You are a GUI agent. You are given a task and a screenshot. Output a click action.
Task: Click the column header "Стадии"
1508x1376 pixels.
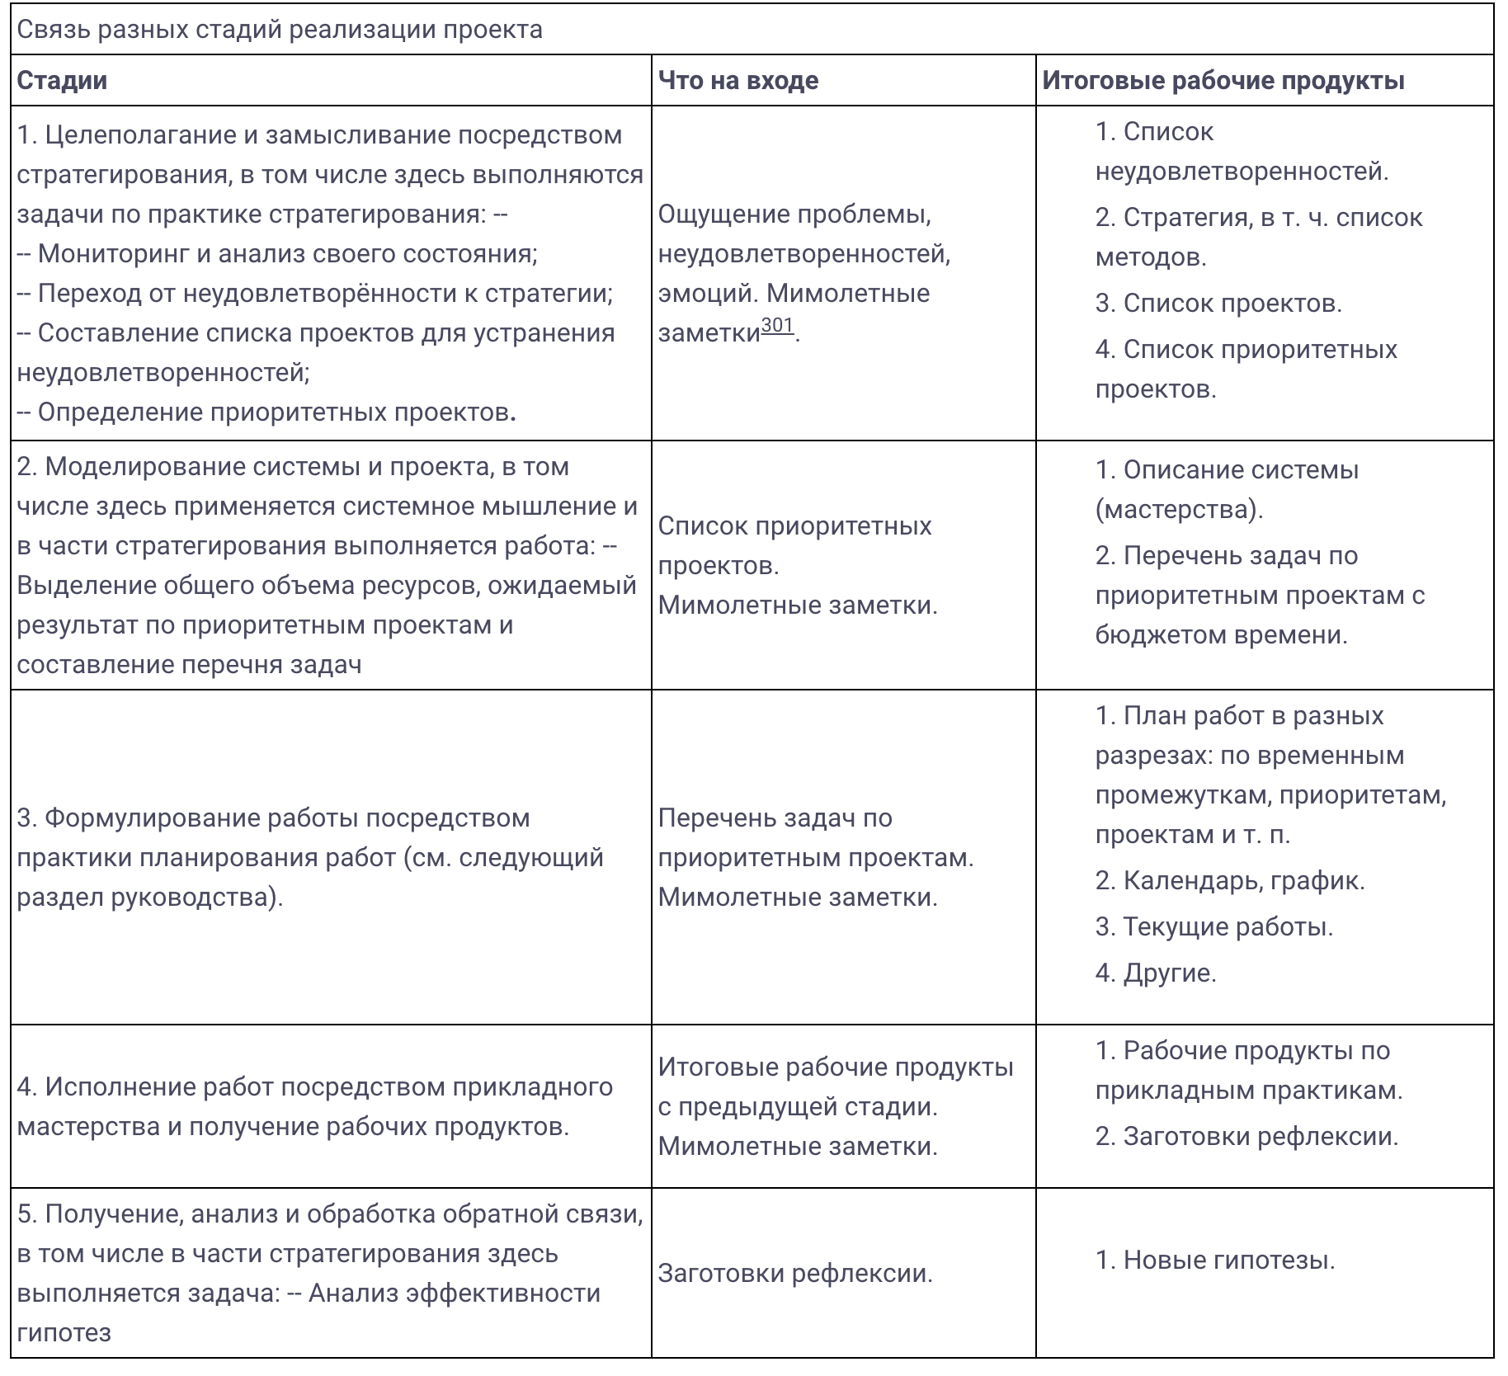tap(62, 81)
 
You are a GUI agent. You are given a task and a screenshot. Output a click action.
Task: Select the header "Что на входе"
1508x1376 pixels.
tap(738, 81)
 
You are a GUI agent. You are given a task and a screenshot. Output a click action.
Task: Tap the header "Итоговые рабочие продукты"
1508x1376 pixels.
tap(1223, 81)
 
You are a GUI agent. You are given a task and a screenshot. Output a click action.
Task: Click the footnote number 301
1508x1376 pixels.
tap(777, 325)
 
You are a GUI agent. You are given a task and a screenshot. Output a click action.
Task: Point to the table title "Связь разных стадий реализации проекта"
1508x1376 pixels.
tap(280, 30)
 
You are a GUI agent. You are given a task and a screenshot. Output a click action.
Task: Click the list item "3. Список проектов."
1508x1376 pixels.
tap(1218, 304)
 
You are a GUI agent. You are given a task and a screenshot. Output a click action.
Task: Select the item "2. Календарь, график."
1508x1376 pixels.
tap(1230, 881)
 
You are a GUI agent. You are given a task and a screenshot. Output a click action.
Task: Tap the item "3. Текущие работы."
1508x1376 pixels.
tap(1214, 927)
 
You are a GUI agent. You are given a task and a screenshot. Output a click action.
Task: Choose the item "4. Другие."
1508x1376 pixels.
tap(1156, 973)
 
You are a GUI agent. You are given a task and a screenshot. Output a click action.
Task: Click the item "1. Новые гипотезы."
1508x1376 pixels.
tap(1215, 1261)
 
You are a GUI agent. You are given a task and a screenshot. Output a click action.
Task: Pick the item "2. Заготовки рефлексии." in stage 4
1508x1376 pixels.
tap(1246, 1137)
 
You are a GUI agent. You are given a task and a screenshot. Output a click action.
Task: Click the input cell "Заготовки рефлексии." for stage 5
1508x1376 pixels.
tap(795, 1274)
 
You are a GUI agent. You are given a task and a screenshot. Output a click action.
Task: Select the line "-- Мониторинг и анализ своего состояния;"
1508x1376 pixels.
tap(277, 253)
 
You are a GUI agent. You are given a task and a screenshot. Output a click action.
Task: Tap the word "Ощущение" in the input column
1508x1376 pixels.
tap(723, 214)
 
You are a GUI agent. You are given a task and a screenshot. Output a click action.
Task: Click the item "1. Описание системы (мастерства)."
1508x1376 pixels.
tap(1227, 489)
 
